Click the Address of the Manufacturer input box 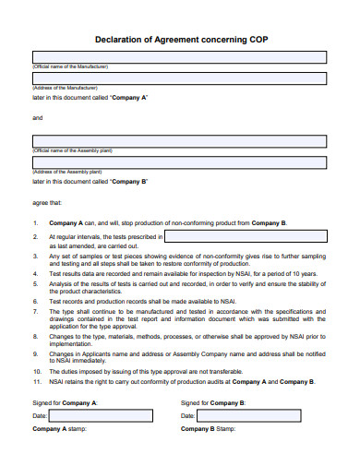[x=179, y=79]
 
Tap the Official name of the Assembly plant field [x=179, y=141]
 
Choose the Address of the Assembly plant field [x=179, y=162]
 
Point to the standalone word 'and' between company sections [x=38, y=118]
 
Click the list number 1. [x=35, y=223]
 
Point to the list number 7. [x=35, y=312]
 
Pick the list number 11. [x=36, y=381]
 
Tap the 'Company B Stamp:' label [x=209, y=430]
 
